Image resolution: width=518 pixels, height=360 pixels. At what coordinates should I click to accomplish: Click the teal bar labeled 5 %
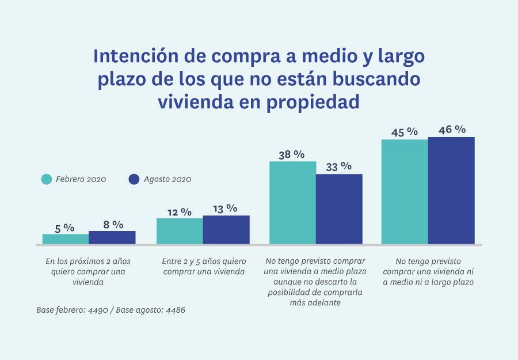tap(66, 238)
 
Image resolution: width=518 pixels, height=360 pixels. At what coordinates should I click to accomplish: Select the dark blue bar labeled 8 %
tap(112, 237)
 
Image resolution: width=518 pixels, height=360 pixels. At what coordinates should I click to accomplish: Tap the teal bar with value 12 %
tap(180, 231)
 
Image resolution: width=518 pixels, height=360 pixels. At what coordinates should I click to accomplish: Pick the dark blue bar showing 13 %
tap(226, 229)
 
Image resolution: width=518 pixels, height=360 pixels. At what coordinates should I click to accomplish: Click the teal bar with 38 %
tap(292, 202)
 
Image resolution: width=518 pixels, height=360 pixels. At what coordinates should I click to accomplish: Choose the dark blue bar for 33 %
tap(339, 209)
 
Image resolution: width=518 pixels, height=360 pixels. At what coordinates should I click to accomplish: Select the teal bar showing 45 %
tap(405, 191)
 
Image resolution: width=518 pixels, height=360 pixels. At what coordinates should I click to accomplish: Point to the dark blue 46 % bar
tap(451, 190)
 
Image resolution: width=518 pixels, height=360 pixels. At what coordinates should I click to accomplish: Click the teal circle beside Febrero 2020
tap(47, 179)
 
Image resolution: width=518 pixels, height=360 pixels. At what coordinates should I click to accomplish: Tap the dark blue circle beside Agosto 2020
tap(134, 179)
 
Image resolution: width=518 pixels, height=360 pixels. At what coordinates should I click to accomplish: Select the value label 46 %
tap(452, 130)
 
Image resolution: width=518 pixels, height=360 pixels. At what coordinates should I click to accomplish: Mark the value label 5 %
tap(65, 228)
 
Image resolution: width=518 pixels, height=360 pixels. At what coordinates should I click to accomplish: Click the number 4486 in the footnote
tap(175, 310)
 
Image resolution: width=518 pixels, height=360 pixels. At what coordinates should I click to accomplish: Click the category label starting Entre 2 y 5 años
tap(204, 266)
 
